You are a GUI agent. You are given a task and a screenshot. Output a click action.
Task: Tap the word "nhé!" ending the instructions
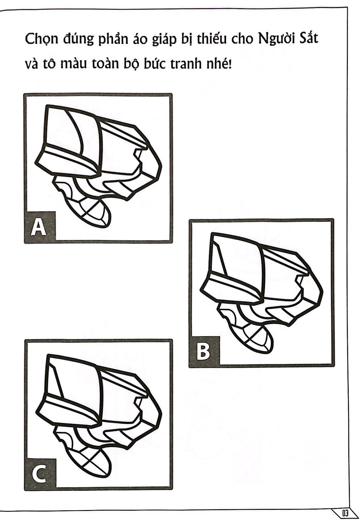pos(219,64)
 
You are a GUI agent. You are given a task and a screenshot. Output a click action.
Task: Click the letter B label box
pos(204,351)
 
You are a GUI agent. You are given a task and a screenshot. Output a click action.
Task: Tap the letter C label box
pos(40,474)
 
